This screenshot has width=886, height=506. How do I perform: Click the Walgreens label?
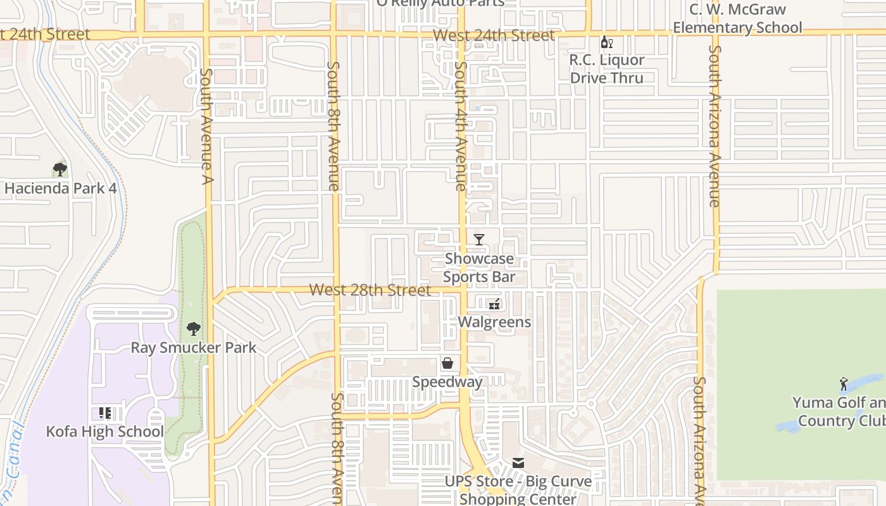(x=494, y=322)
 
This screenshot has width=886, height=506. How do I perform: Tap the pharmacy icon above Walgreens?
(x=494, y=304)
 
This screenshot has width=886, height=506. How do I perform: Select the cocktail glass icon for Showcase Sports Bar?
(x=479, y=240)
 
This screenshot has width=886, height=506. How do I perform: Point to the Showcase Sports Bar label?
(x=479, y=268)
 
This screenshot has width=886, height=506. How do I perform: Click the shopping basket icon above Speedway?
(x=447, y=363)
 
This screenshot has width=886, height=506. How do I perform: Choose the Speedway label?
(x=447, y=382)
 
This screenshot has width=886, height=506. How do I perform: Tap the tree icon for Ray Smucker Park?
(x=194, y=329)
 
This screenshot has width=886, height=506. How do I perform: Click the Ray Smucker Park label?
(x=194, y=348)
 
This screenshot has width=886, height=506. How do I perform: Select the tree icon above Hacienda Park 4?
(x=60, y=170)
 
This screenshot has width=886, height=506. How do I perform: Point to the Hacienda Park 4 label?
(x=61, y=188)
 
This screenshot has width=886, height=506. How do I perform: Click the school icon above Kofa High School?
(x=105, y=414)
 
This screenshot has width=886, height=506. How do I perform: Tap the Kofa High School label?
(x=105, y=432)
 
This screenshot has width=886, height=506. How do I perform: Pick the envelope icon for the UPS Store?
(x=518, y=463)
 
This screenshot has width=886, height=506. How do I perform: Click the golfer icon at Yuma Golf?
(x=844, y=384)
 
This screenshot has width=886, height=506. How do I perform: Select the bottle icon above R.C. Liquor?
(x=607, y=42)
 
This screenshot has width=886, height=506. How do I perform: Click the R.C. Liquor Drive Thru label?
(x=607, y=69)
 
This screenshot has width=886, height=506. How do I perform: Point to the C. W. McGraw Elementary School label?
(x=737, y=18)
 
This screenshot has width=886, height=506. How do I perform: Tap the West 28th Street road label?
(x=370, y=290)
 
